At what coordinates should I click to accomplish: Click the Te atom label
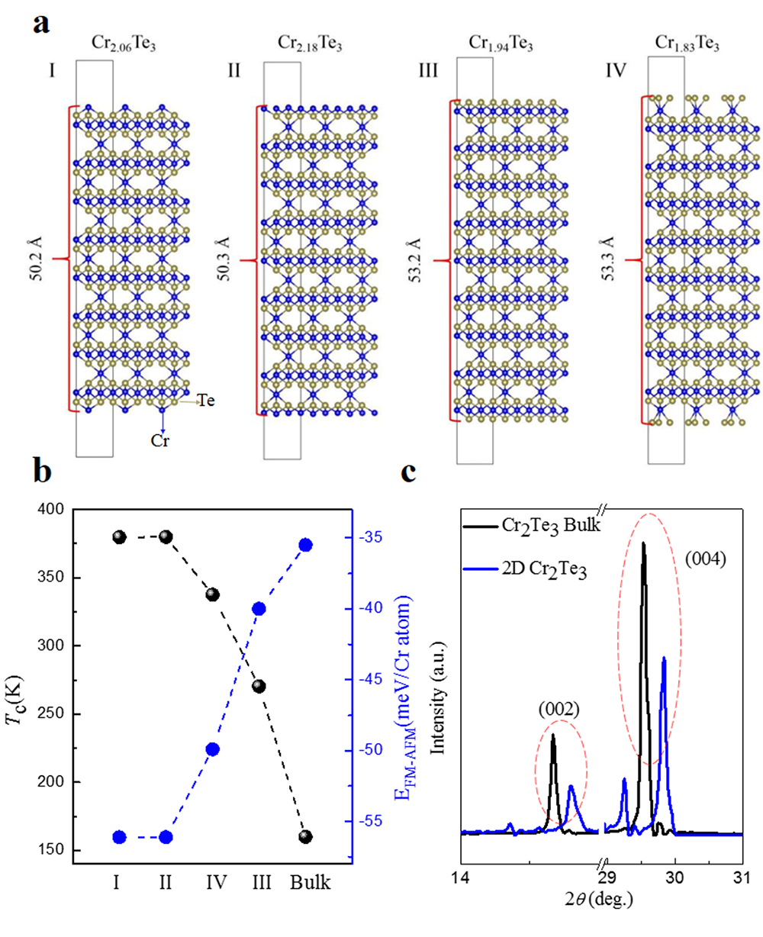click(x=207, y=399)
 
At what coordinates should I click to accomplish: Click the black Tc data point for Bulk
click(x=305, y=836)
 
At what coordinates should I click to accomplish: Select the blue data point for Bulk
click(x=305, y=545)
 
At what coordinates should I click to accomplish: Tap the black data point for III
click(x=259, y=686)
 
